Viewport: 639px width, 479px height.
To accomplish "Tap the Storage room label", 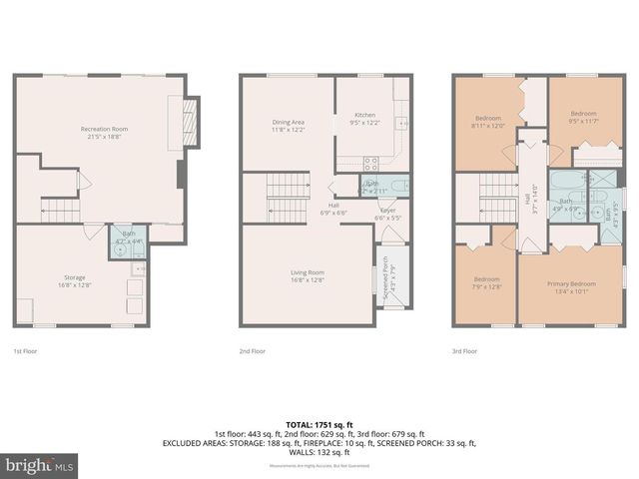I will (x=75, y=280).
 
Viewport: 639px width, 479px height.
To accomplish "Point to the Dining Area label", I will (x=288, y=126).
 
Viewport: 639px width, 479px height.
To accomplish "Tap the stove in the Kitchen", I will (x=370, y=162).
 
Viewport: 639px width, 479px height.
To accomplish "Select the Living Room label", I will (x=308, y=275).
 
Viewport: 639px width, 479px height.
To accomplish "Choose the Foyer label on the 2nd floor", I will (x=387, y=214).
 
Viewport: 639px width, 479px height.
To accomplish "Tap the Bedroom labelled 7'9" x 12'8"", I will (x=486, y=283).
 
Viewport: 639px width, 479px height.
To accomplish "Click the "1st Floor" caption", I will (x=26, y=351).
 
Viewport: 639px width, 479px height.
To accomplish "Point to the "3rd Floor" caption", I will (x=464, y=351).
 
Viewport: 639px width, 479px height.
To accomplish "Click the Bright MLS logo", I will (x=39, y=465).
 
